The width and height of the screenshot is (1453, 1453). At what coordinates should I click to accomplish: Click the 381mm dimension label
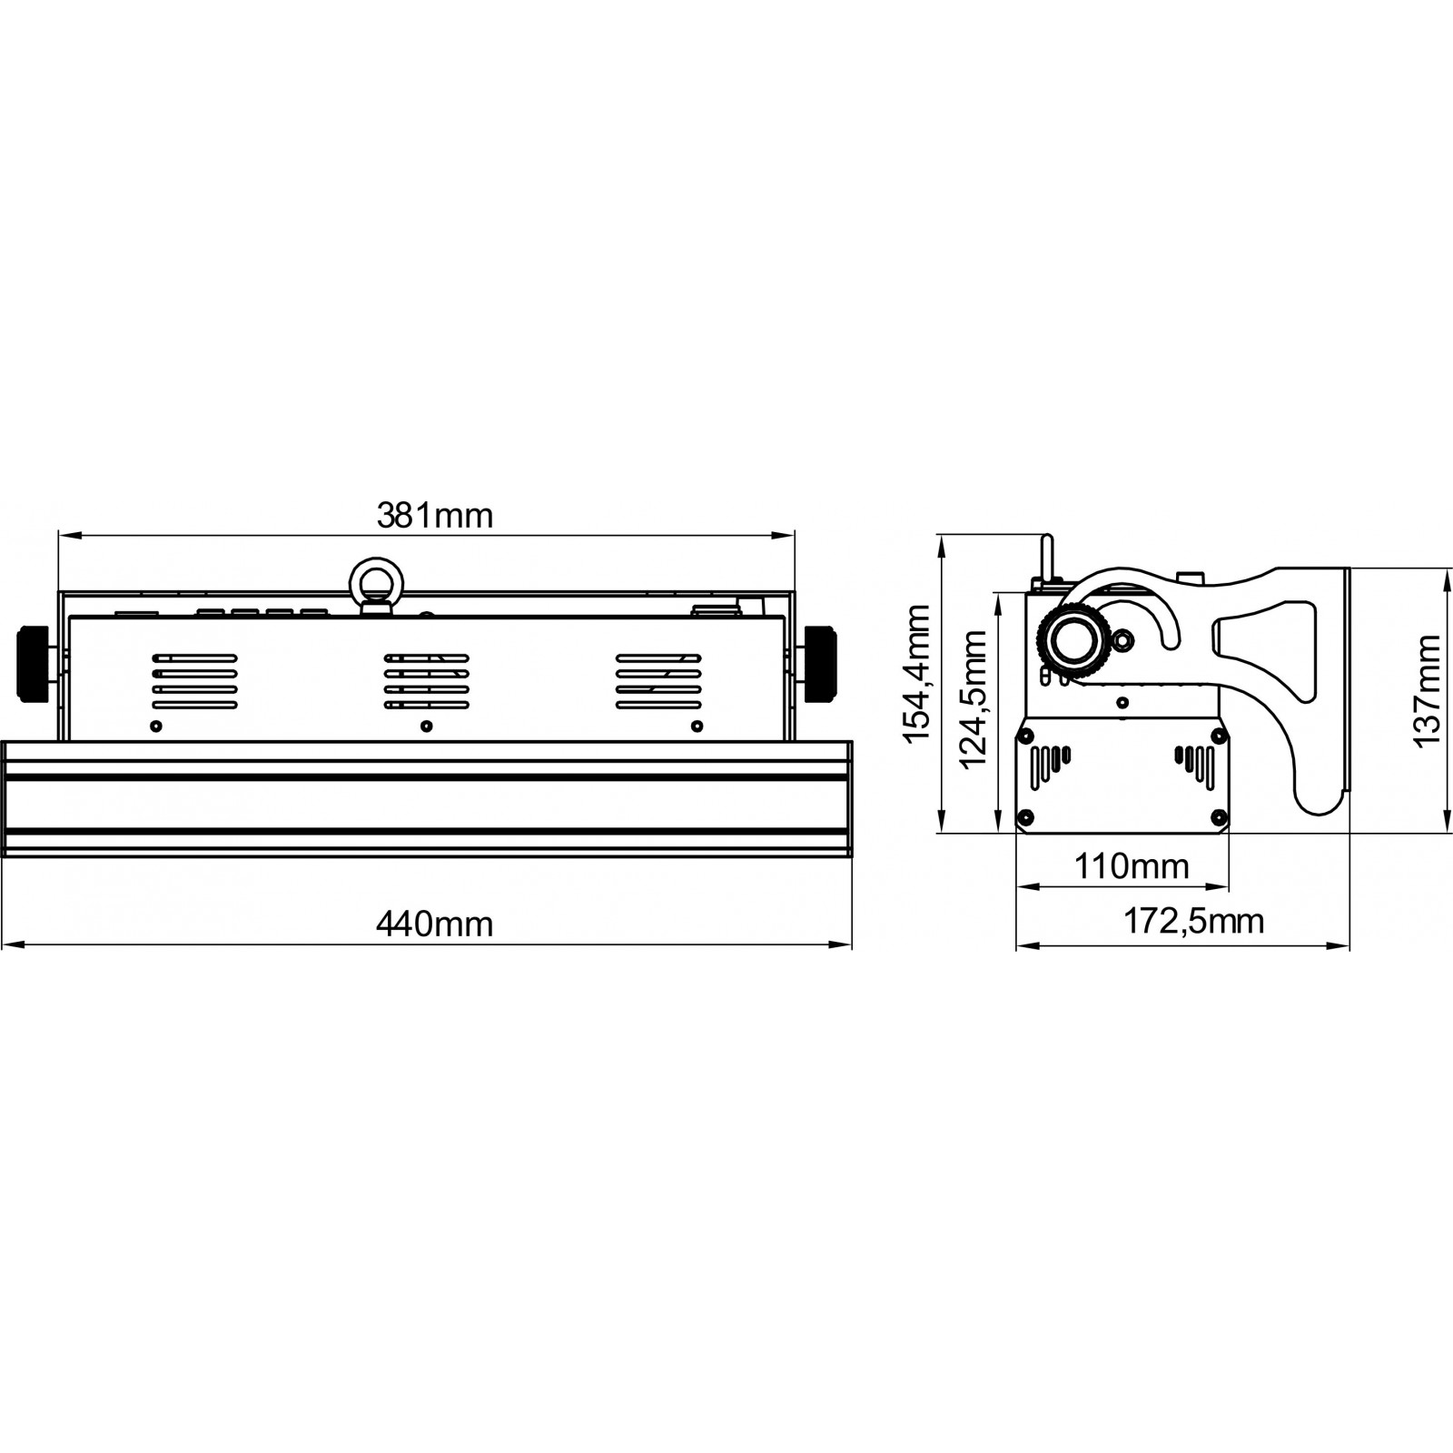[434, 516]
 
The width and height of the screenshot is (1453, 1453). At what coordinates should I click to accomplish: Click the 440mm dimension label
[434, 924]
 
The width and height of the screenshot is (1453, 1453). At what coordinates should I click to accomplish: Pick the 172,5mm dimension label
[1193, 921]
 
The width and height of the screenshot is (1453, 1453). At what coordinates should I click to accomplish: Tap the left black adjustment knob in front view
[34, 662]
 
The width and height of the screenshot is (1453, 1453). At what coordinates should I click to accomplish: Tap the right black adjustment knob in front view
[821, 662]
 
